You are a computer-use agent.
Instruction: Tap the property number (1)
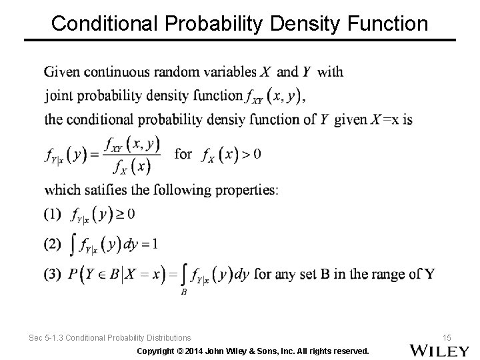pos(52,214)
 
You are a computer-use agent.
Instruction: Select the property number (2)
pos(52,244)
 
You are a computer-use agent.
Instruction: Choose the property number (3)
pos(52,273)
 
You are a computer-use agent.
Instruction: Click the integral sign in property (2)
pos(71,245)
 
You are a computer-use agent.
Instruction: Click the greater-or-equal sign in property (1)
pos(121,214)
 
